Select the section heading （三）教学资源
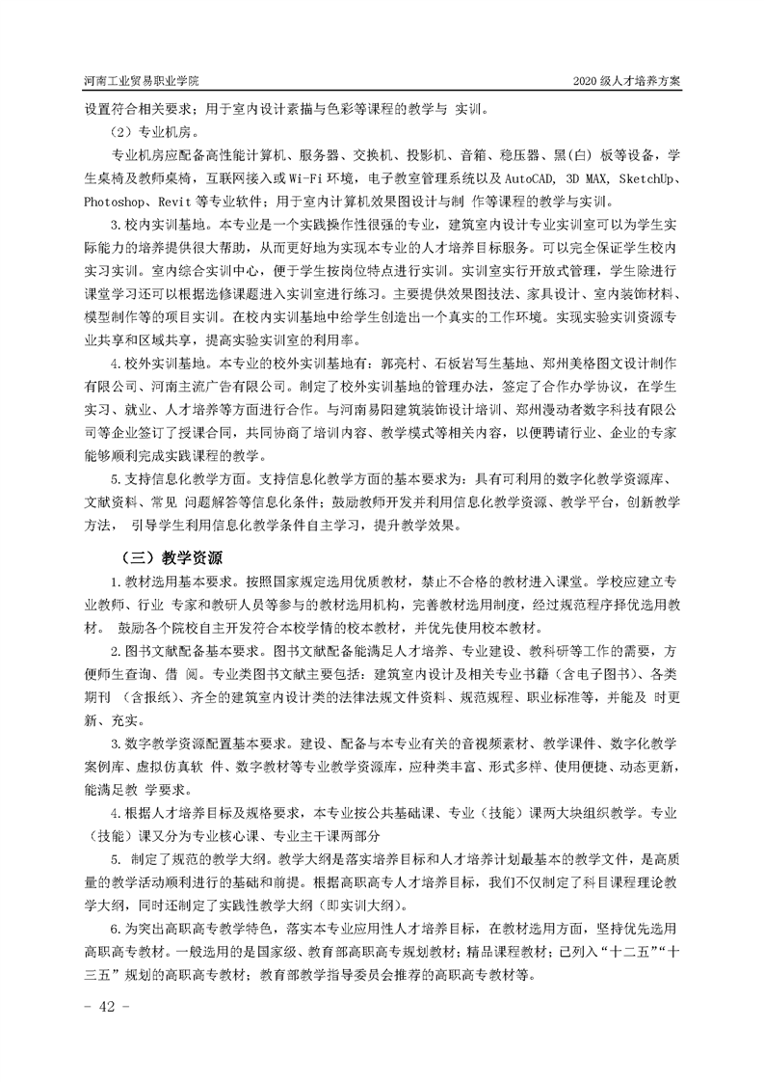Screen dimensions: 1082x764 point(169,556)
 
